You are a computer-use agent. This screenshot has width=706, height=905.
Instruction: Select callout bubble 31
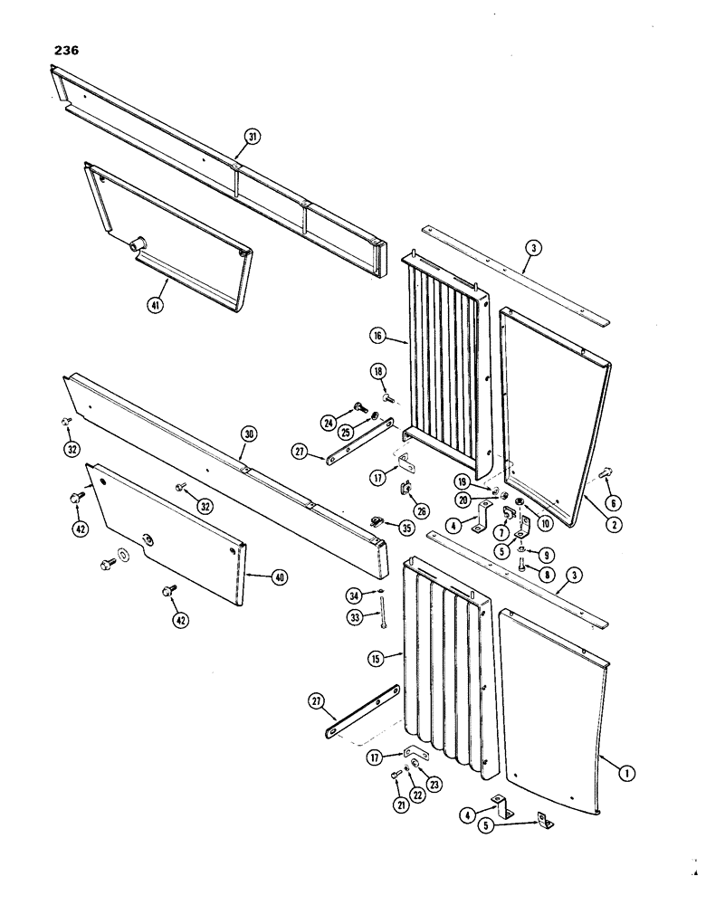click(x=252, y=138)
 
